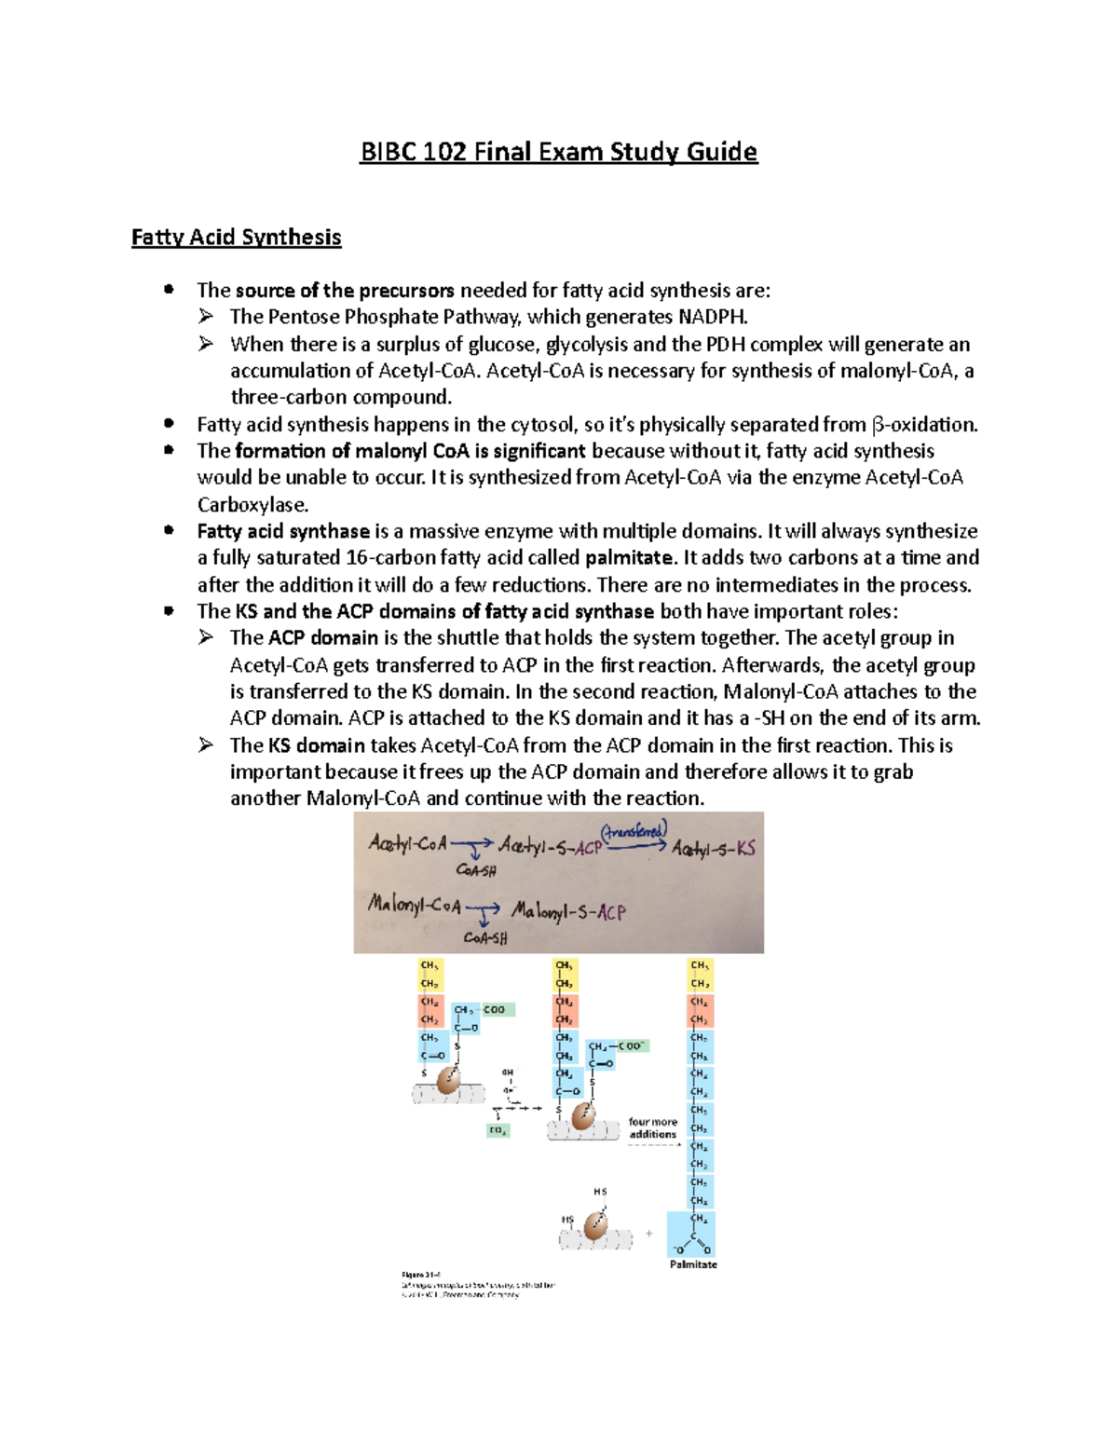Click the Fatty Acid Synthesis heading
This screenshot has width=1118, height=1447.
(236, 238)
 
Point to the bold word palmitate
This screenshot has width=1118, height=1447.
(629, 558)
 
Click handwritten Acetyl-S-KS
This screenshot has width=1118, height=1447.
(714, 849)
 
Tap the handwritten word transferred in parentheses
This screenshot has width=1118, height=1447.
(634, 831)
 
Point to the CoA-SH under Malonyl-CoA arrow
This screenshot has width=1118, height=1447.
(485, 937)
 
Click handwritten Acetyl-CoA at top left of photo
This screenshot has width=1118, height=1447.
(408, 843)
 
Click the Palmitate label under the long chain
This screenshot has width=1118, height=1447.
(693, 1264)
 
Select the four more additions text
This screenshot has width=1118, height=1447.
(652, 1128)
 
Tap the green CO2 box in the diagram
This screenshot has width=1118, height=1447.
(498, 1130)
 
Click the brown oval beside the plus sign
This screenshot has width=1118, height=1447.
(595, 1226)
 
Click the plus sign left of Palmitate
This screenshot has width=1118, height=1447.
(649, 1234)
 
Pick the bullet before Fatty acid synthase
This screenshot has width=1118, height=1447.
(169, 530)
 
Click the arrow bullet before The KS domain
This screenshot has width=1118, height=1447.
(206, 744)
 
